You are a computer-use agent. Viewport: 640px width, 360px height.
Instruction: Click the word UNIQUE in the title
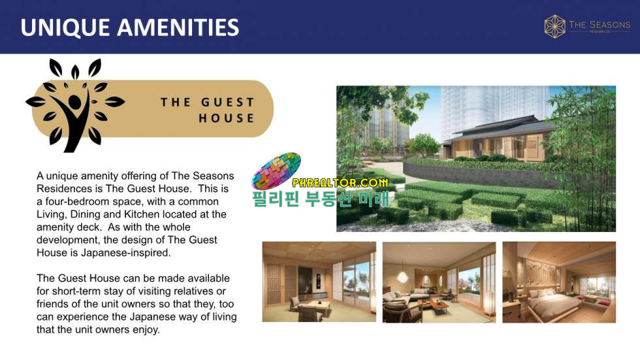point(65,27)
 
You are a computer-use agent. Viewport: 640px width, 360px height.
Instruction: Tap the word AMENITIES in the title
point(178,27)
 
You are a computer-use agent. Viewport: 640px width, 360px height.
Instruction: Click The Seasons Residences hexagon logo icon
point(554,27)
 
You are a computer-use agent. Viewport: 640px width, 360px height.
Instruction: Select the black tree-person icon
point(74,105)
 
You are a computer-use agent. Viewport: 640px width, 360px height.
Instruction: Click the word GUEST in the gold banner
point(228,102)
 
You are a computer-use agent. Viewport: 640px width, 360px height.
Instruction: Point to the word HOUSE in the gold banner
point(227,118)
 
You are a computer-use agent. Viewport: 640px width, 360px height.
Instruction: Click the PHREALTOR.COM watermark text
point(340,182)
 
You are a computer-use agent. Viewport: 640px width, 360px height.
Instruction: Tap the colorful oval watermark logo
point(276,171)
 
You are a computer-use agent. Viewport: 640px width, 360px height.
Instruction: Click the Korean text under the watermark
point(321,199)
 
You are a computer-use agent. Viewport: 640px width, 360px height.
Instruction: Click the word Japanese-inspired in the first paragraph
point(125,253)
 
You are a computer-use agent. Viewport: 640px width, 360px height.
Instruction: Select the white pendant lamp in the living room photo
point(402,277)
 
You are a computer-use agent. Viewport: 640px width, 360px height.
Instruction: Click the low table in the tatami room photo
point(314,305)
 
